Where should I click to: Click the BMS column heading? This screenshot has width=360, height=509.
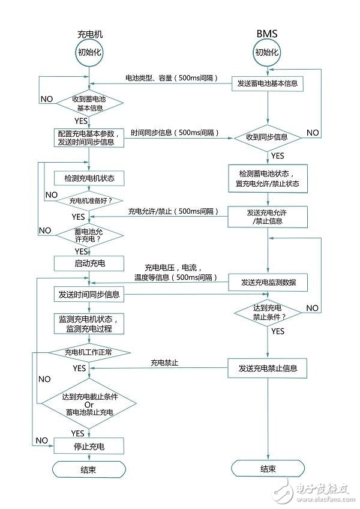pyautogui.click(x=268, y=35)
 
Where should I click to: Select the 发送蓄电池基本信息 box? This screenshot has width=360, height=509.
pyautogui.click(x=268, y=83)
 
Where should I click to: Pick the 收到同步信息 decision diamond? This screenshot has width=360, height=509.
pyautogui.click(x=268, y=137)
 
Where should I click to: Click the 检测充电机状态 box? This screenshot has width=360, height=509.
pyautogui.click(x=89, y=178)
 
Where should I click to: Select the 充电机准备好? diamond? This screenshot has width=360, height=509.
pyautogui.click(x=89, y=200)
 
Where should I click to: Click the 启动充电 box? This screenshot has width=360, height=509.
pyautogui.click(x=89, y=264)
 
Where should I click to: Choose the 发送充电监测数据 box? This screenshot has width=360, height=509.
pyautogui.click(x=268, y=282)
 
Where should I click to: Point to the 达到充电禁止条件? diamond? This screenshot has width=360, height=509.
pyautogui.click(x=268, y=312)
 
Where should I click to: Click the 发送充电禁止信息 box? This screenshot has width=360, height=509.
pyautogui.click(x=268, y=368)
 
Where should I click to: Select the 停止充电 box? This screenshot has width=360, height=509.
pyautogui.click(x=89, y=445)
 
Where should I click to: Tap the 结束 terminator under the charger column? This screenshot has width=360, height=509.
pyautogui.click(x=89, y=469)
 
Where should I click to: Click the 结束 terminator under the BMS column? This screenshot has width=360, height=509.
pyautogui.click(x=268, y=469)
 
